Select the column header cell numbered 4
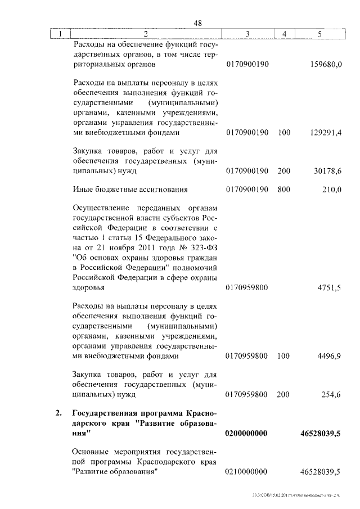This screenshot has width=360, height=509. coord(284,34)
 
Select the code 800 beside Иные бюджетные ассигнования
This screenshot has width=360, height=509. coord(284,190)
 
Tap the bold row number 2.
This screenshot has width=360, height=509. coord(58,415)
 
